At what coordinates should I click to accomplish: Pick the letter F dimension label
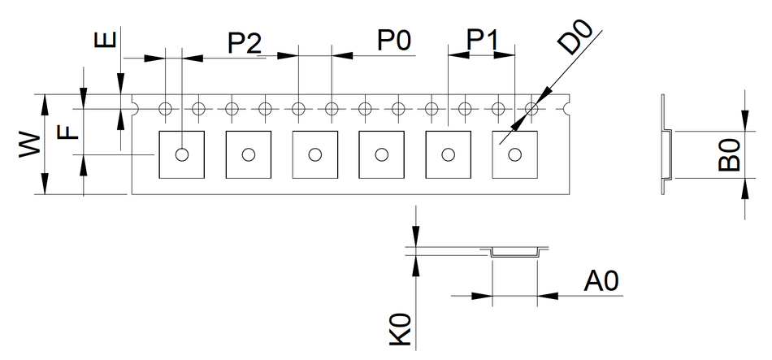[70, 131]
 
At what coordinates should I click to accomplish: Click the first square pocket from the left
[181, 154]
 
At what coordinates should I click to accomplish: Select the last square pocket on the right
[514, 154]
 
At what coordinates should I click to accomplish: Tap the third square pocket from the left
[314, 154]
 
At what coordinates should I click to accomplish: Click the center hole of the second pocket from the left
[248, 154]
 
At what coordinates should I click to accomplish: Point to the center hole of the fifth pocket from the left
[448, 154]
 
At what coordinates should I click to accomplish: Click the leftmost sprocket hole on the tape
[165, 107]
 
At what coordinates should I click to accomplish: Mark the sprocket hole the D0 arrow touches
[532, 107]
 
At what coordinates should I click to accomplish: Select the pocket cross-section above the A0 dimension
[515, 250]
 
